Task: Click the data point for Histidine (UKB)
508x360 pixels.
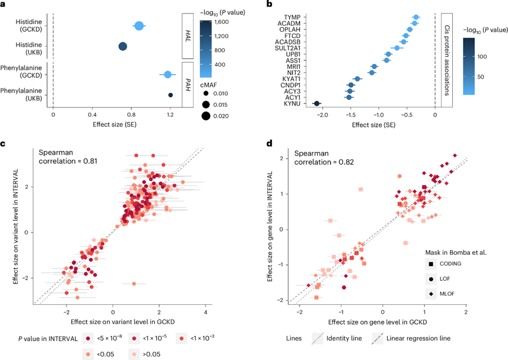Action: click(x=123, y=46)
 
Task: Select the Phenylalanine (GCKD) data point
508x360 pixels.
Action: click(x=168, y=75)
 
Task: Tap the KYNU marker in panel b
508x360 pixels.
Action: click(x=317, y=104)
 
